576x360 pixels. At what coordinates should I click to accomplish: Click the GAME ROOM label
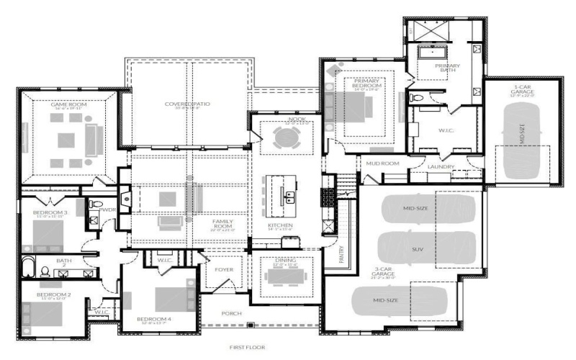pos(68,104)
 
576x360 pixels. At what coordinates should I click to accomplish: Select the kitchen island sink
pos(291,195)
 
